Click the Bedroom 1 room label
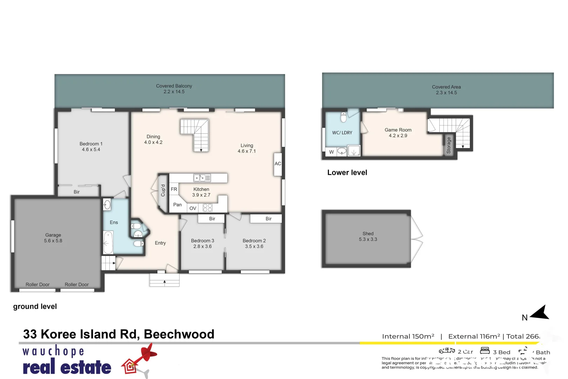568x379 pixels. click(x=91, y=144)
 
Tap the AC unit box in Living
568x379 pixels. click(x=278, y=164)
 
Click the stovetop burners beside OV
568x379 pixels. click(x=208, y=208)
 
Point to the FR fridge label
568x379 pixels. click(x=174, y=189)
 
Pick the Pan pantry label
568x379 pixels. click(x=177, y=205)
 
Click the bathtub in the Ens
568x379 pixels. click(x=108, y=242)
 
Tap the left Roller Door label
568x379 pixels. click(x=38, y=285)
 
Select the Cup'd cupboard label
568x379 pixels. click(x=163, y=191)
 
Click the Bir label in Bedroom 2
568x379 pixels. click(x=269, y=219)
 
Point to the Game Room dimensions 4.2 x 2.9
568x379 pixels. click(x=398, y=136)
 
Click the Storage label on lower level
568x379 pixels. click(x=448, y=145)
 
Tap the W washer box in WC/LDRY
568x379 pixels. click(x=331, y=152)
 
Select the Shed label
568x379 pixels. click(x=368, y=234)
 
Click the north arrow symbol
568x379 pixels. click(x=540, y=312)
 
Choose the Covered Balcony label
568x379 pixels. click(x=174, y=86)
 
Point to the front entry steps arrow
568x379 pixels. click(x=164, y=281)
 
